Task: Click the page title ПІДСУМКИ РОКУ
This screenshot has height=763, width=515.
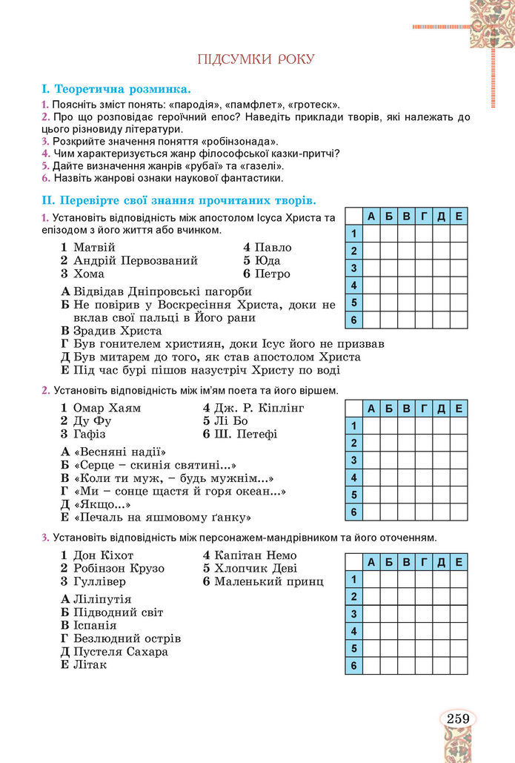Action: [x=256, y=59]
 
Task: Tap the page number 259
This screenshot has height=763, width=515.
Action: [x=458, y=718]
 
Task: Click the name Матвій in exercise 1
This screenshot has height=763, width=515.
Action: [x=94, y=247]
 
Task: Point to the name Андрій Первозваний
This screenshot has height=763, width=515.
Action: [x=136, y=260]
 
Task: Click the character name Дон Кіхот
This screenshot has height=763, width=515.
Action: [x=104, y=555]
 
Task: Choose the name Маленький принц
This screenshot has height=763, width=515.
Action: [x=268, y=581]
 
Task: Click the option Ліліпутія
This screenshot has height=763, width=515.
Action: [x=102, y=599]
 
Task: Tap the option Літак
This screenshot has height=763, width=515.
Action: [x=90, y=664]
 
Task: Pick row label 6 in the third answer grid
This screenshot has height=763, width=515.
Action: [x=354, y=666]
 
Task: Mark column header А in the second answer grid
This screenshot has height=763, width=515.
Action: [x=371, y=407]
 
